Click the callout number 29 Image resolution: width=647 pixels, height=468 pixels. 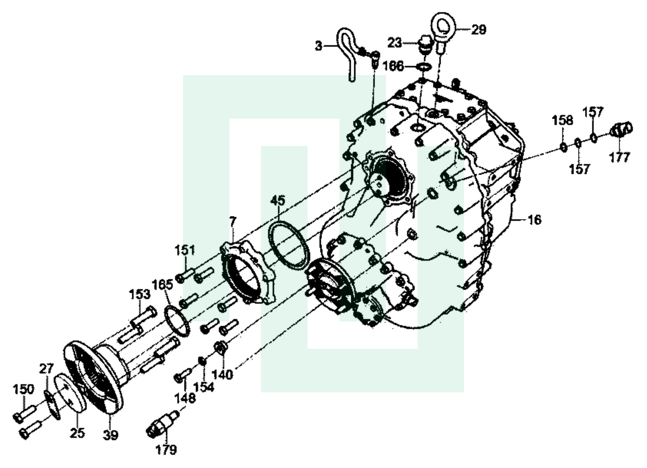[479, 30]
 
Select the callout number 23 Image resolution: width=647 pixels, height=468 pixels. [395, 43]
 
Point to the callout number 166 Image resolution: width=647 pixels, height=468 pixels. [393, 66]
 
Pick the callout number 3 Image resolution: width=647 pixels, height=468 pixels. [318, 46]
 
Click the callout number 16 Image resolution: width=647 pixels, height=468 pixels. [534, 220]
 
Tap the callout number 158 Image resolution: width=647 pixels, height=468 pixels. [562, 120]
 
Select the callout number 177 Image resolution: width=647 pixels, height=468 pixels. [619, 157]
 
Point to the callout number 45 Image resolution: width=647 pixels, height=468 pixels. [278, 200]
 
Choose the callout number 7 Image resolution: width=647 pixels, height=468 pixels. [232, 222]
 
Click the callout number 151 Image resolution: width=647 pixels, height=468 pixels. [184, 250]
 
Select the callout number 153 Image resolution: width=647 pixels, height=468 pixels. [140, 294]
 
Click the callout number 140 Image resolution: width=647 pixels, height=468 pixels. [222, 375]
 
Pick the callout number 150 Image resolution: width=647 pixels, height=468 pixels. [24, 389]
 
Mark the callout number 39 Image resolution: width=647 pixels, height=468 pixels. [110, 435]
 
